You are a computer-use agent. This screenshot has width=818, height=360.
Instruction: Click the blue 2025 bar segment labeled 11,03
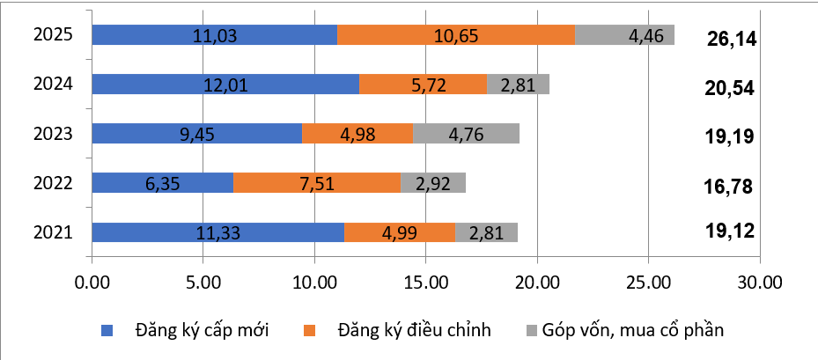(x=214, y=35)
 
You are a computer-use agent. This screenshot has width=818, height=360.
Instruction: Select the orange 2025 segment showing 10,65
(x=456, y=35)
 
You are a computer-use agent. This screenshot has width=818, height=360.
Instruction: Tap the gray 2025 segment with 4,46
(x=624, y=35)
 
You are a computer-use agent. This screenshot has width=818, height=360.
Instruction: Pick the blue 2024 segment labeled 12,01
(x=225, y=84)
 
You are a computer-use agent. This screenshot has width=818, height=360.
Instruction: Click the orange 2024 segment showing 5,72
(x=423, y=84)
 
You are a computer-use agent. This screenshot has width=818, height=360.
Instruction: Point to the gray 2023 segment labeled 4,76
(x=466, y=134)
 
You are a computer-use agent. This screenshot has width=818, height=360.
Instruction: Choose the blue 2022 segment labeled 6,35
(x=162, y=183)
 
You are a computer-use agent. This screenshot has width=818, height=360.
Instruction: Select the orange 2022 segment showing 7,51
(x=317, y=183)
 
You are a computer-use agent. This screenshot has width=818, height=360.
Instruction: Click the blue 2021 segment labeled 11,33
(x=217, y=232)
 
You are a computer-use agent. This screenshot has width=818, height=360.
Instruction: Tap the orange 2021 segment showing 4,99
(x=399, y=232)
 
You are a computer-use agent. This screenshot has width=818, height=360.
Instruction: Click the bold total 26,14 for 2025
(x=732, y=39)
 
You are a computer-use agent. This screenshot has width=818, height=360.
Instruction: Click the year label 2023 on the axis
(x=52, y=134)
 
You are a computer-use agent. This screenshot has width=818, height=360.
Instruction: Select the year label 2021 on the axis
(x=52, y=232)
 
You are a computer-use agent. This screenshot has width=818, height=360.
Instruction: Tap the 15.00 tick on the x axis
(x=425, y=283)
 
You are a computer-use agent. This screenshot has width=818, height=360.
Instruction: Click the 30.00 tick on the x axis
(x=759, y=283)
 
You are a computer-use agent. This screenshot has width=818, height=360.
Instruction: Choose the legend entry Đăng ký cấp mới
(x=202, y=330)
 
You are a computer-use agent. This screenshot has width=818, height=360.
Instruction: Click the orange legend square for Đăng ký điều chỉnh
(x=310, y=331)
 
